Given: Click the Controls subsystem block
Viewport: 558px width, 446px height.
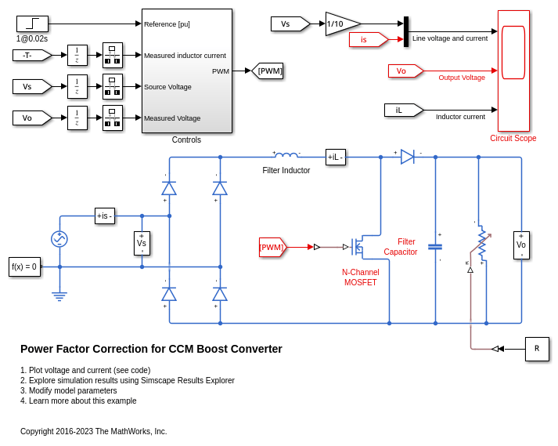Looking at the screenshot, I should [186, 71].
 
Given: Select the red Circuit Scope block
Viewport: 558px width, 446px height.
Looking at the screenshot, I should [513, 71].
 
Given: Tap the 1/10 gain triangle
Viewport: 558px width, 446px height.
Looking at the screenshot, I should [340, 24].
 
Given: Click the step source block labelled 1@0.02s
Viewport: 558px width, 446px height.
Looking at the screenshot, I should [32, 24].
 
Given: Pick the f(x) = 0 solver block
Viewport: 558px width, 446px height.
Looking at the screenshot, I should [24, 267].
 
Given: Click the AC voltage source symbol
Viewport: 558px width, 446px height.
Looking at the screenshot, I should [59, 239].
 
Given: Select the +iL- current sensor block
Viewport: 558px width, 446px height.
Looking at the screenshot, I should [336, 157].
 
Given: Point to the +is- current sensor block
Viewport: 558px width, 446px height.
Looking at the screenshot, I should [105, 216].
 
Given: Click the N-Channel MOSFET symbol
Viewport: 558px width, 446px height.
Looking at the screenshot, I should [356, 247].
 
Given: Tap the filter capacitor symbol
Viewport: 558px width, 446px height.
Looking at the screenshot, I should [435, 247].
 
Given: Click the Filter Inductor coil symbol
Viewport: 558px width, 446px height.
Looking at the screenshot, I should [286, 155].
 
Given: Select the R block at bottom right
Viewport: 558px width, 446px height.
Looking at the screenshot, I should [537, 349].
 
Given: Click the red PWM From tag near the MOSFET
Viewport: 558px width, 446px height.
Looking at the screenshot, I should [272, 247].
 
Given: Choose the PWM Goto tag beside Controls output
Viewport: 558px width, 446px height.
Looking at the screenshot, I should [268, 71].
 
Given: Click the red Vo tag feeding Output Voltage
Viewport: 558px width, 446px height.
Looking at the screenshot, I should [405, 71].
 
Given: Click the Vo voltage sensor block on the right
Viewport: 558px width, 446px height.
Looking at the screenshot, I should [521, 245].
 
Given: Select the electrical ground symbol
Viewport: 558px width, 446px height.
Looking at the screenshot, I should [59, 297].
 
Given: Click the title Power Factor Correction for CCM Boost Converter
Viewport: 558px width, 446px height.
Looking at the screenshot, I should [151, 349].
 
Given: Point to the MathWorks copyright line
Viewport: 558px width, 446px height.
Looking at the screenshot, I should [94, 431].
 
